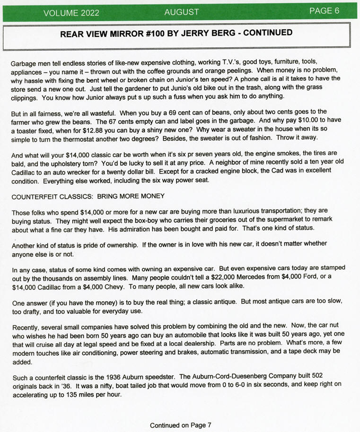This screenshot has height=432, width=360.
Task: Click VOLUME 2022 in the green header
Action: (x=71, y=13)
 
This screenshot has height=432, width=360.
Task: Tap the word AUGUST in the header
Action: (x=182, y=12)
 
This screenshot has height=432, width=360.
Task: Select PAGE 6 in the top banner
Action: (x=324, y=11)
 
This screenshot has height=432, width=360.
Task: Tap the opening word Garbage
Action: (x=25, y=63)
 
